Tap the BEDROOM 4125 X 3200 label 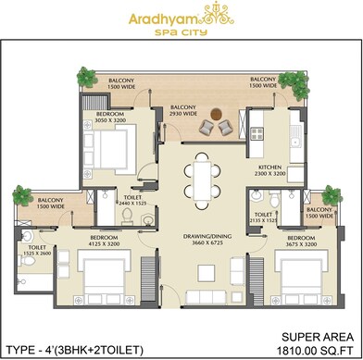pyautogui.click(x=105, y=240)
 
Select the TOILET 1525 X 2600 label pyautogui.click(x=37, y=250)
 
